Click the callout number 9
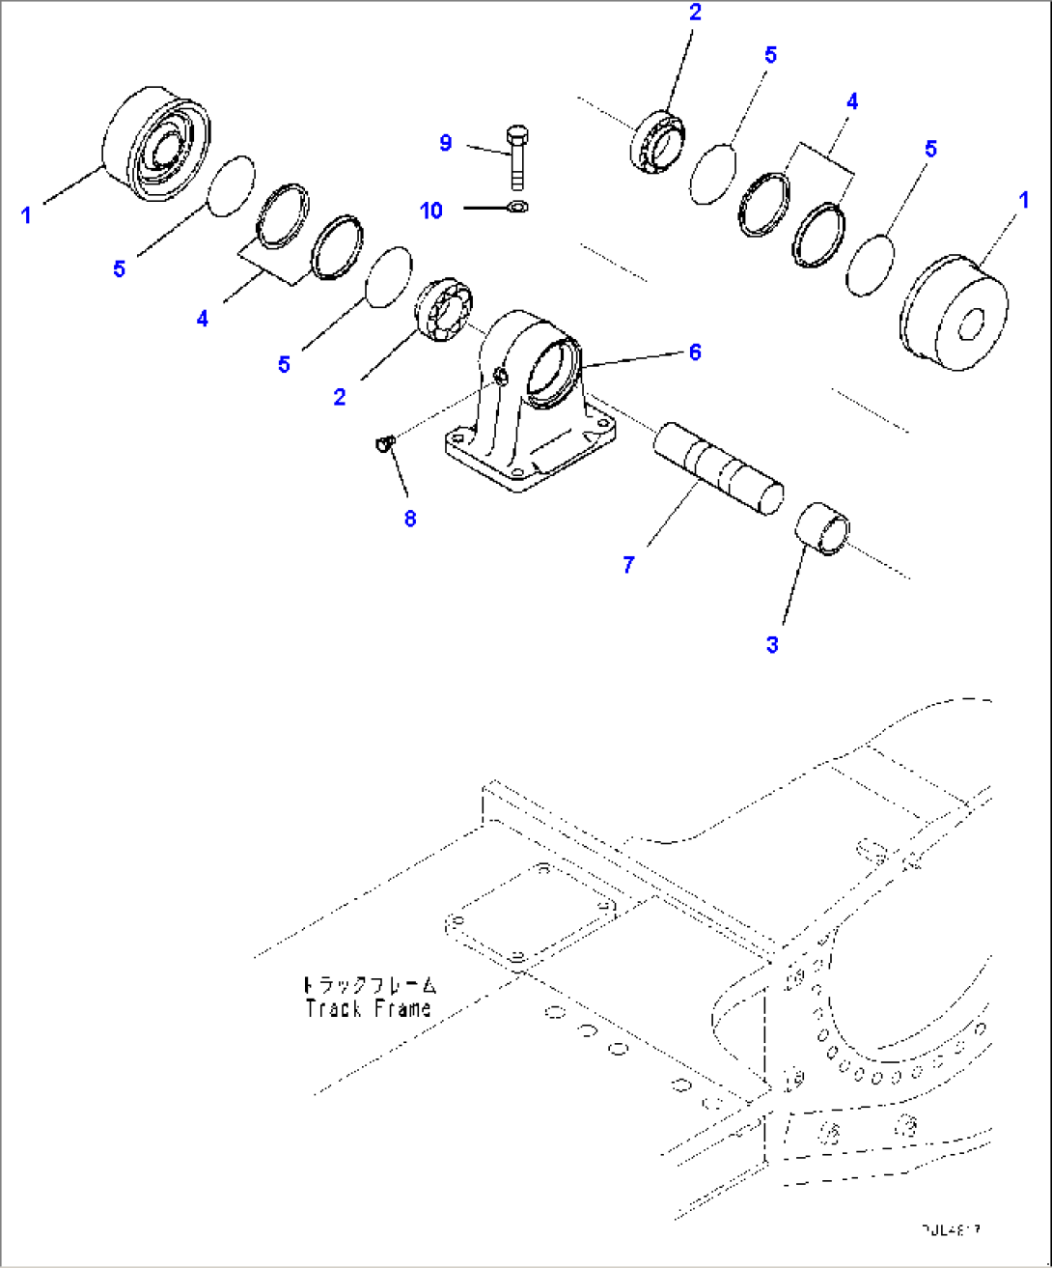click(x=445, y=143)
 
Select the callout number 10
click(x=431, y=210)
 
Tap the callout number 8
click(x=410, y=519)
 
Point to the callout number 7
click(x=628, y=565)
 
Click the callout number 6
click(x=695, y=352)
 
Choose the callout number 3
click(x=772, y=644)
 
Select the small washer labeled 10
click(x=517, y=206)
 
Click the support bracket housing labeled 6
click(x=526, y=406)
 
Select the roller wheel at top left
click(x=158, y=144)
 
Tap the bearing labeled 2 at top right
click(x=657, y=139)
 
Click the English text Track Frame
click(x=368, y=1009)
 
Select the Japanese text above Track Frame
click(x=368, y=985)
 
